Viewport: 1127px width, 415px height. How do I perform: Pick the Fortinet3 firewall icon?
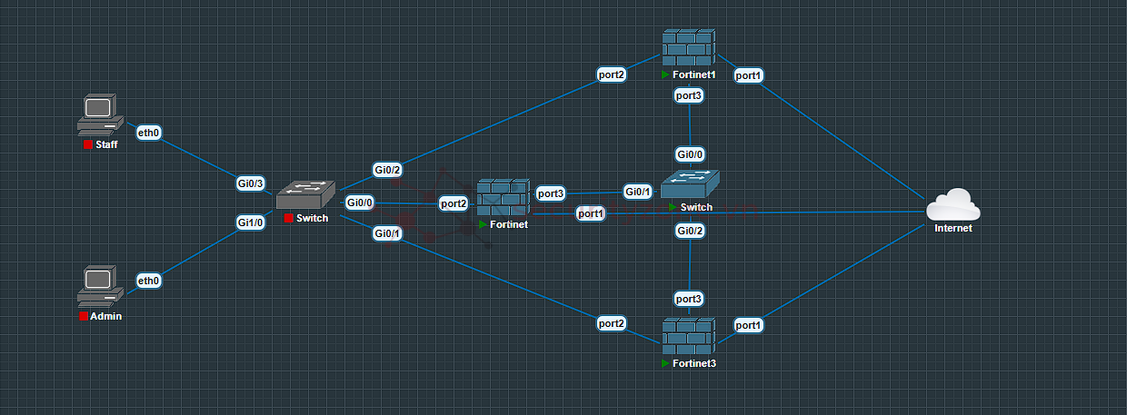688,337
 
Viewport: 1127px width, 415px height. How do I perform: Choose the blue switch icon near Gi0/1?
691,186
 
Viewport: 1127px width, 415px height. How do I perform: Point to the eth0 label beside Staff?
149,133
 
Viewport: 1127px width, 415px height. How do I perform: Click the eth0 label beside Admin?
149,281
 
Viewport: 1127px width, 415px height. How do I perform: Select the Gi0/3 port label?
250,184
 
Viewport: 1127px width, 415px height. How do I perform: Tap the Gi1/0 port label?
250,222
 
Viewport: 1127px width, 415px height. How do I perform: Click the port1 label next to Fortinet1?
748,76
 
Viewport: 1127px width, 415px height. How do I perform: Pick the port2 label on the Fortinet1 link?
612,74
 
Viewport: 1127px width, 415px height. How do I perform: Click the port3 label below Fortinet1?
688,94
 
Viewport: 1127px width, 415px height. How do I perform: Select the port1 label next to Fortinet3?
748,324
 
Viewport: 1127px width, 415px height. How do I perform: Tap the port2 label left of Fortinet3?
612,322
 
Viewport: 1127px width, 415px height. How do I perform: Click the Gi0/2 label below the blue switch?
690,231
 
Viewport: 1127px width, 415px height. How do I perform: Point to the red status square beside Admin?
84,317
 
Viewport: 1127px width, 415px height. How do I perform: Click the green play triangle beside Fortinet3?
666,363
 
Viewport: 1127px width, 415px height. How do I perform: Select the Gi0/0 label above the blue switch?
690,154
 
